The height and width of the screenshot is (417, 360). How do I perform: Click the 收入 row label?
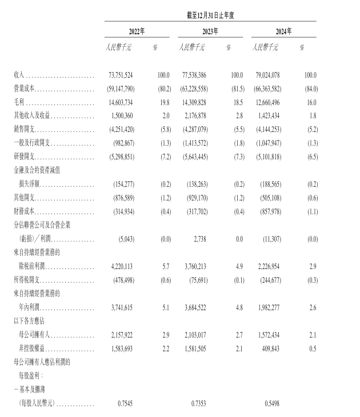(19, 75)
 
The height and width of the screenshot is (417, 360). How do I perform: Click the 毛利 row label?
(19, 103)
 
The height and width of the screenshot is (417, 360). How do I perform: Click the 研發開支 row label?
(24, 155)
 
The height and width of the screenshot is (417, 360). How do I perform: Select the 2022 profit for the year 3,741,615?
(119, 307)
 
